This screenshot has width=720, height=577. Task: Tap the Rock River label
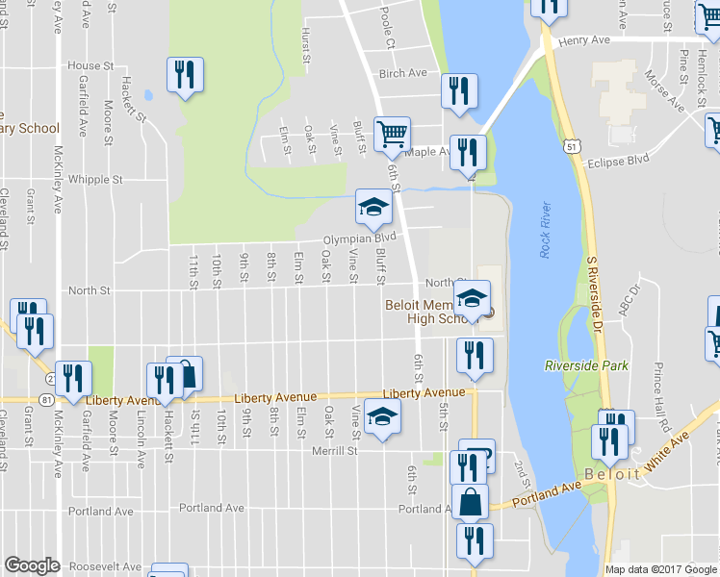tap(545, 229)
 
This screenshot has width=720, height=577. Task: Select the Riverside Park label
tap(585, 365)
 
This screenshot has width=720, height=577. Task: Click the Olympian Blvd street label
tap(359, 238)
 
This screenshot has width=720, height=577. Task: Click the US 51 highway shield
tap(573, 145)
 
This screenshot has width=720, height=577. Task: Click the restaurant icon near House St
tap(183, 75)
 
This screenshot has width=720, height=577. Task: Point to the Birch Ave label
tap(402, 73)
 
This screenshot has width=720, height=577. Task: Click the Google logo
tap(32, 565)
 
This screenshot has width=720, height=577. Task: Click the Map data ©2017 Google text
tap(660, 569)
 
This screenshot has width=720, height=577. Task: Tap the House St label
tap(90, 65)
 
